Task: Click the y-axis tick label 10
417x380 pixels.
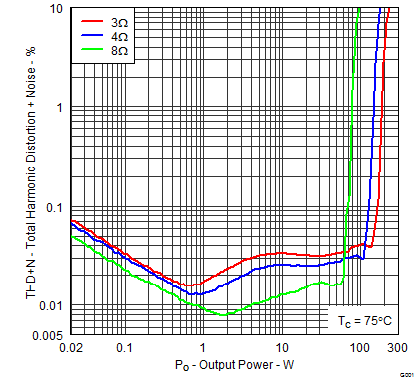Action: pos(57,9)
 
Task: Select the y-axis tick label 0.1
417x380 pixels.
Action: pos(54,207)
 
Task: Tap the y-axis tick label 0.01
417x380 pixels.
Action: pos(51,305)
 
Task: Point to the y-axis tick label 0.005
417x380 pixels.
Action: pos(48,335)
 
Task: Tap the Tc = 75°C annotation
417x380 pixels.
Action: pos(363,321)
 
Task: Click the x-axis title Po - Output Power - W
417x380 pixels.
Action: pos(233,368)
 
